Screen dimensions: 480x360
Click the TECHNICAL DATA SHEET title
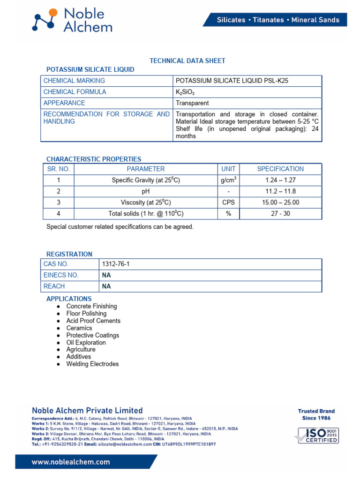pos(187,60)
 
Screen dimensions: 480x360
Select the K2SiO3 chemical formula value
pos(185,92)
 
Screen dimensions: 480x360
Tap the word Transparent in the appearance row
pos(192,103)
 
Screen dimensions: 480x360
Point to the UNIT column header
pos(228,169)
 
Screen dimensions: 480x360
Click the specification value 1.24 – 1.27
pos(281,180)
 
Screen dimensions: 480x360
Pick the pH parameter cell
pos(145,191)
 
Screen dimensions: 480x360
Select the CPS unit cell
pos(228,202)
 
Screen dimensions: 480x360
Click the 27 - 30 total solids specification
pos(281,214)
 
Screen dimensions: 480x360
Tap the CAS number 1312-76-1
pos(115,264)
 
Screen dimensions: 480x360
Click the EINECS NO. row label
pos(61,275)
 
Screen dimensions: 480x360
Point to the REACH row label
pos(54,286)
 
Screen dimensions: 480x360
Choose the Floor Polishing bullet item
pos(86,314)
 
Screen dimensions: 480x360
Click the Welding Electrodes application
pos(92,364)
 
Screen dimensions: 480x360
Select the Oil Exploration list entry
pos(86,343)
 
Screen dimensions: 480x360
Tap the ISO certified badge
pos(316,435)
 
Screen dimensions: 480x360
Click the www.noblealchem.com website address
pos(71,462)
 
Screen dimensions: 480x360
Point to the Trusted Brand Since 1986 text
pos(316,414)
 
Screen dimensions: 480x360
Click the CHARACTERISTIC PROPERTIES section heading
pos(94,159)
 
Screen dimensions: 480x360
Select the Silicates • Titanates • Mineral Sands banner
pos(277,20)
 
